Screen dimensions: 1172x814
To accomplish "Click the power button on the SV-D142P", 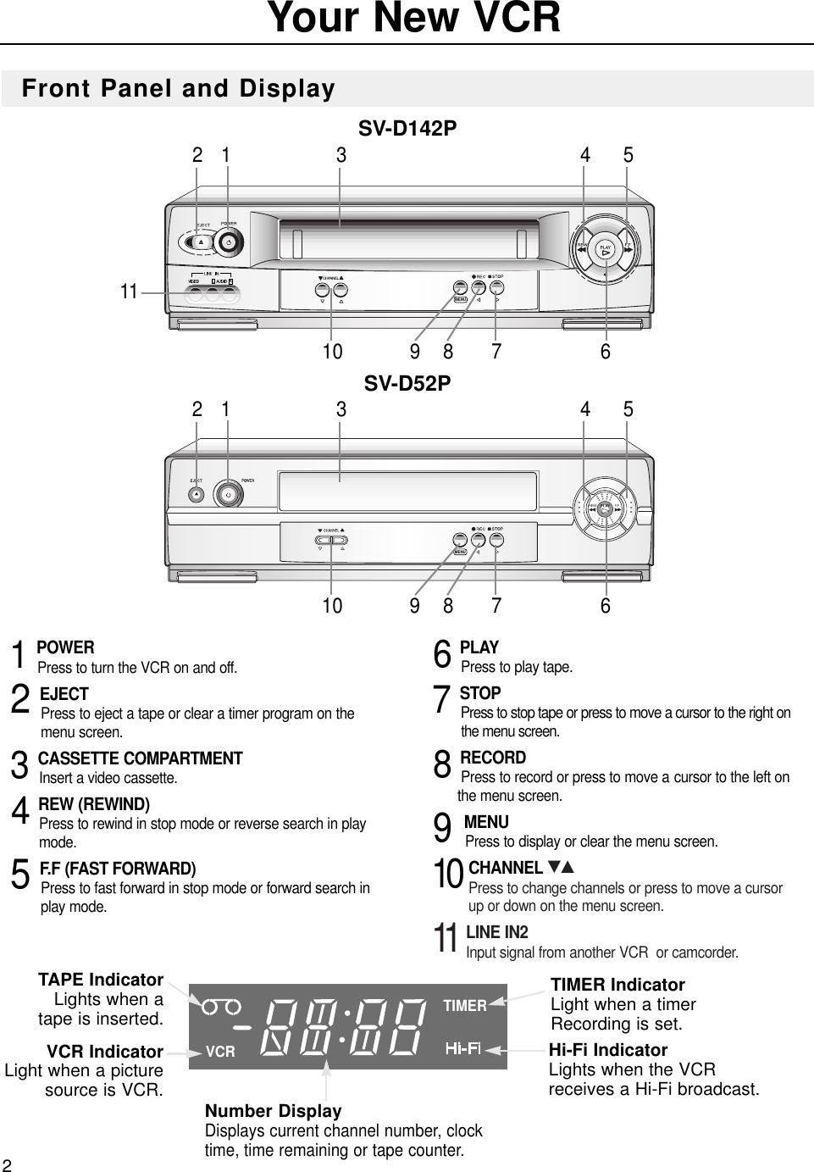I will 228,242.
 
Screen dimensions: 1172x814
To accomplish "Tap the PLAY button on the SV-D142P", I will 605,250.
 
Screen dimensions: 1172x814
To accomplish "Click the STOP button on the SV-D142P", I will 497,287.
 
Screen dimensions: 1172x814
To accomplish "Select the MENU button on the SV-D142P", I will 461,298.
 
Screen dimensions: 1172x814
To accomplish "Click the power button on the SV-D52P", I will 227,493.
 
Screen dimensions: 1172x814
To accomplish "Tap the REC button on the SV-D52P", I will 479,539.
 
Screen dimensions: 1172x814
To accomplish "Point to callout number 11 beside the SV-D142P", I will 129,292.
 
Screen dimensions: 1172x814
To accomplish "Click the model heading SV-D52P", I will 407,383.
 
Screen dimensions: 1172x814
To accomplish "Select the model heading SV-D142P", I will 407,129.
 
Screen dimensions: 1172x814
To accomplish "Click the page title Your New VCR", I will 414,19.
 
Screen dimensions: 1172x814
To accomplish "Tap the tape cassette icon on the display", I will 221,1006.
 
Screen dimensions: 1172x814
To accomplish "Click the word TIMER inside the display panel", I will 465,1006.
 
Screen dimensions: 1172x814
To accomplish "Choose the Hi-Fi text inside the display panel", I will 463,1050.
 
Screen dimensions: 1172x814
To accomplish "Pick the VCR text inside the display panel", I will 220,1052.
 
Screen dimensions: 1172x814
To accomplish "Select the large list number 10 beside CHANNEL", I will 449,875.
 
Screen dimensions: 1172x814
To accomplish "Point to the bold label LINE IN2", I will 497,932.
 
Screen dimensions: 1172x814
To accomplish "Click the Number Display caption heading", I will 274,1110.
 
